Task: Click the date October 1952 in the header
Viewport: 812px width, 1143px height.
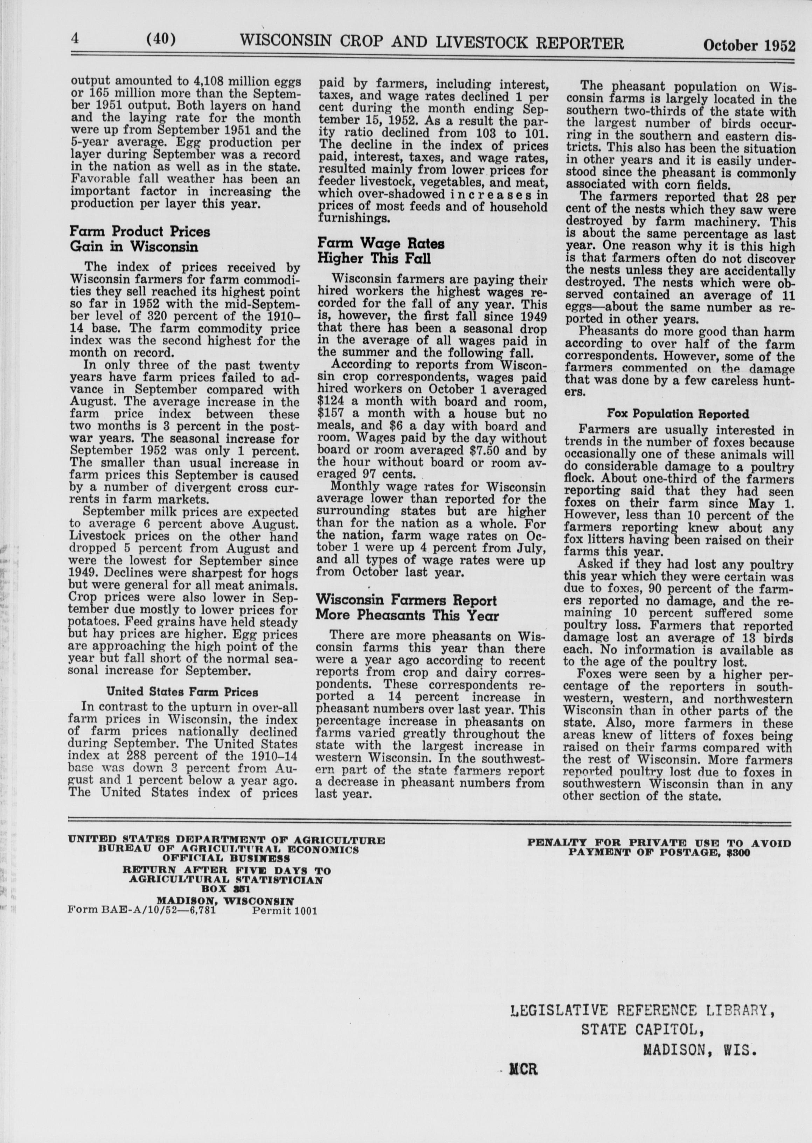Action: (749, 45)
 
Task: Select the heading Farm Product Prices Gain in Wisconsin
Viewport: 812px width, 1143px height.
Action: (139, 239)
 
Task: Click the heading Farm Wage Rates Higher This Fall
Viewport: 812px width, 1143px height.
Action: (381, 251)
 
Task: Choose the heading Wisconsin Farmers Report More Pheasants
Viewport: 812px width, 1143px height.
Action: (406, 608)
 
